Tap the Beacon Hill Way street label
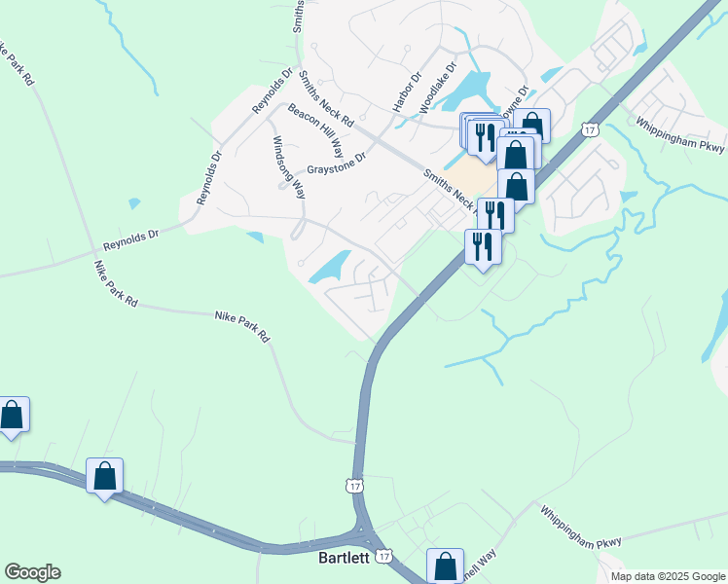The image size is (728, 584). pos(315,130)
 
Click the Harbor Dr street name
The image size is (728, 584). pos(404,92)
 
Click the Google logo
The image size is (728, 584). pos(32,572)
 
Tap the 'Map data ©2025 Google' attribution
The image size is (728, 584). pos(668,576)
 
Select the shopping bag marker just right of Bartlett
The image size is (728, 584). pos(445,566)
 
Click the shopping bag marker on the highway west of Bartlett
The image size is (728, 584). pos(104,477)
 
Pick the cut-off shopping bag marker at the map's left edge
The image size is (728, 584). pos(13,415)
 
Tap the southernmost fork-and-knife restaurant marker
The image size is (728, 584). pos(483,246)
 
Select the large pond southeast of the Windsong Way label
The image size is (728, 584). pos(331,267)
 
